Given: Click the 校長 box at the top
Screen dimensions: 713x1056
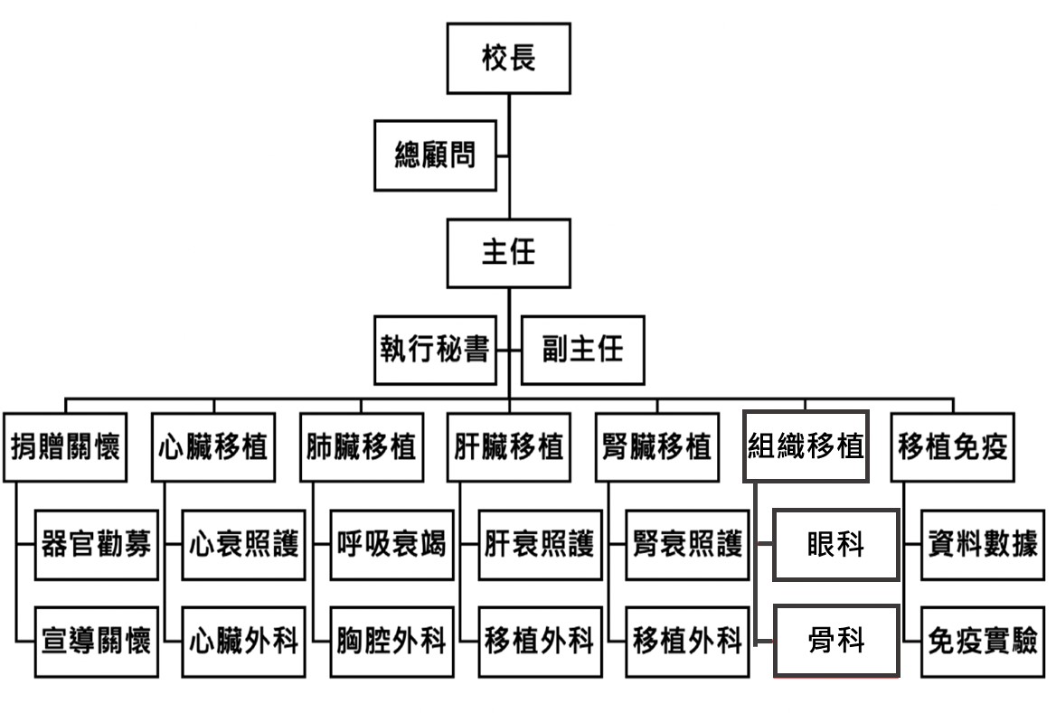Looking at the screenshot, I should [x=508, y=58].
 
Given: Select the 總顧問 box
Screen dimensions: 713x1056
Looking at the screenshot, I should [x=436, y=155].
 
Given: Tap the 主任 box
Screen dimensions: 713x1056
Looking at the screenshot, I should [x=508, y=252].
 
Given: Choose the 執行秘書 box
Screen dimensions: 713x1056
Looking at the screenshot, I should [x=436, y=350].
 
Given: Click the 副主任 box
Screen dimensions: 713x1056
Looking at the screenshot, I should [x=583, y=350].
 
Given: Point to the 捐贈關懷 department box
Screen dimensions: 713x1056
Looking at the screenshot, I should [x=65, y=446].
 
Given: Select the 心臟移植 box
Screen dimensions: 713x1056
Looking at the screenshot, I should [x=213, y=446].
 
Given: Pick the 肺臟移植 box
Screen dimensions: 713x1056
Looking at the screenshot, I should [x=361, y=446].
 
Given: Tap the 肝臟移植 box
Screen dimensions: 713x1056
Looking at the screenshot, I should [x=509, y=446].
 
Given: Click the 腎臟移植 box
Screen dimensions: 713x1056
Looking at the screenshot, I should [x=657, y=446].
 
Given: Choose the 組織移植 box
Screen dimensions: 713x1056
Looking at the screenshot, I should [x=806, y=446].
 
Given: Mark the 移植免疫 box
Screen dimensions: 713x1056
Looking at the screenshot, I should [x=953, y=446].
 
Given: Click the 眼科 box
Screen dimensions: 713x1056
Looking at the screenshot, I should [x=835, y=544].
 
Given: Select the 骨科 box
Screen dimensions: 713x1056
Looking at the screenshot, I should [x=835, y=642].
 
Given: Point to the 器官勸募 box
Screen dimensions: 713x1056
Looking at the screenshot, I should [x=96, y=544].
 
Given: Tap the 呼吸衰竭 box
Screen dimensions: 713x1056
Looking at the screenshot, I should [x=391, y=544].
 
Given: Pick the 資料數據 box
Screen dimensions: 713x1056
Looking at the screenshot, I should [x=984, y=544].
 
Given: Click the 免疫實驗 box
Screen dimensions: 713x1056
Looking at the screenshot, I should [x=984, y=642].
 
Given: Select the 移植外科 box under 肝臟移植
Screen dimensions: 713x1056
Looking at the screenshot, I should [x=540, y=642].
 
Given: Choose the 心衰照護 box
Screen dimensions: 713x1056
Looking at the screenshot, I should [x=244, y=544].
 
